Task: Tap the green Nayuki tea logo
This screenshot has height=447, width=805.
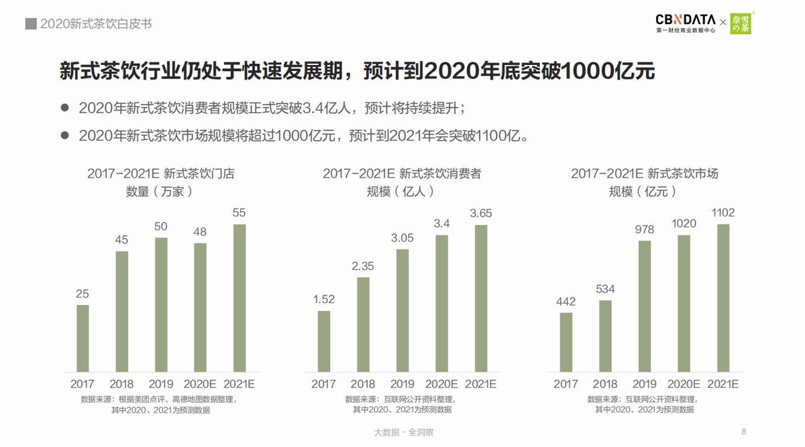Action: pos(741,23)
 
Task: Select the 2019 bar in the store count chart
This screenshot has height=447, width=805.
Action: pos(161,304)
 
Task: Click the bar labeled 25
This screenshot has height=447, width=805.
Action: pos(83,338)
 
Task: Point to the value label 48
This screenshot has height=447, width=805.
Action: pos(201,231)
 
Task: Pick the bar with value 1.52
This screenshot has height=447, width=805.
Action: pos(323,340)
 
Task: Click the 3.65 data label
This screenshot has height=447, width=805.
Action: pos(481,213)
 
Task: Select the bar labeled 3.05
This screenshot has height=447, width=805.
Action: pos(402,310)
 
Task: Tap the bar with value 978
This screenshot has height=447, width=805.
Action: pos(644,306)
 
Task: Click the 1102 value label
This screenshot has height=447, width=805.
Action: pos(722,212)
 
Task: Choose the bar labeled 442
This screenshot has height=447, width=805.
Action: pos(566,341)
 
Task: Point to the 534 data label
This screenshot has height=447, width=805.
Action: pos(604,289)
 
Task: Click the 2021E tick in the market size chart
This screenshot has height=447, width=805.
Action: pos(722,384)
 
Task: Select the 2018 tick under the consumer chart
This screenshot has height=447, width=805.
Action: pos(363,384)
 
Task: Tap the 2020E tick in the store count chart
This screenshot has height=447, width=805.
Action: pos(200,384)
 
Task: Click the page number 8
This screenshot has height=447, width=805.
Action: pos(744,431)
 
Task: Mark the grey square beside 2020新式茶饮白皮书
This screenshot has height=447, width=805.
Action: pos(30,24)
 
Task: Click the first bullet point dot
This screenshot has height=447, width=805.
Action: pos(65,108)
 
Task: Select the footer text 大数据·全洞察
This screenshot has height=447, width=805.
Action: pos(403,432)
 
